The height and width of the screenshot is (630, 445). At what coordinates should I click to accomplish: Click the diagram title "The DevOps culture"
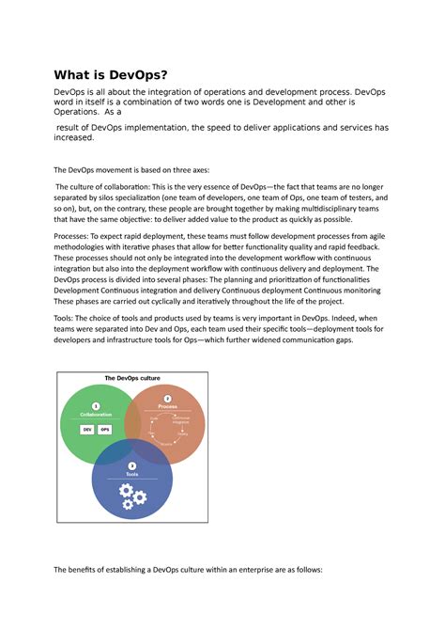coord(131,377)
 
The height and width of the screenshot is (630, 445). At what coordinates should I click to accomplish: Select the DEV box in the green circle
coord(86,428)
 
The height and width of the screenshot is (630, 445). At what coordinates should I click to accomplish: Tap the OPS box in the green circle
coord(104,428)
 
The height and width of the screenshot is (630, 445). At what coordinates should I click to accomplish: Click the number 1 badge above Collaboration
coord(96,405)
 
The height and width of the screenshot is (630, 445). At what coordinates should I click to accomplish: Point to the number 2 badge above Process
coord(167,398)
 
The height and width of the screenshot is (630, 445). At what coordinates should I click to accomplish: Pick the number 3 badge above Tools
coord(132,465)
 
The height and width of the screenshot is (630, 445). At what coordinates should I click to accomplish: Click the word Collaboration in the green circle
coord(96,415)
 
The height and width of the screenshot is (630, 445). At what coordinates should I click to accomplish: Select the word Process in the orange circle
coord(167,406)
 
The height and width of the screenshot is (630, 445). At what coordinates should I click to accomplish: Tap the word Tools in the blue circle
coord(132,475)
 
